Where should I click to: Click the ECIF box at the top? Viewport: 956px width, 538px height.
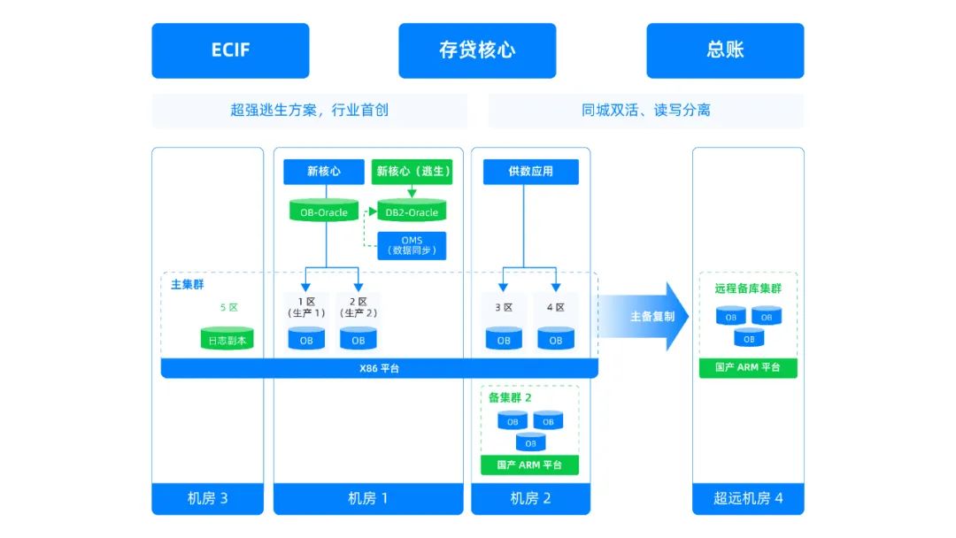point(230,50)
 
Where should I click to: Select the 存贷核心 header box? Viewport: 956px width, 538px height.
point(477,50)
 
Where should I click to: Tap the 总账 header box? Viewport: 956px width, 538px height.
point(725,50)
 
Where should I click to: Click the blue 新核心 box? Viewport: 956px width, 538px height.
point(323,172)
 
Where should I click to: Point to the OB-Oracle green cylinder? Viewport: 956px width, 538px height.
point(324,211)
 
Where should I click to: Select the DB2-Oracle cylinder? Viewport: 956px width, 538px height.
point(412,211)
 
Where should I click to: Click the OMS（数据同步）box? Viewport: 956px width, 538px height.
point(412,246)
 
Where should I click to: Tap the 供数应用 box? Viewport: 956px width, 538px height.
point(530,172)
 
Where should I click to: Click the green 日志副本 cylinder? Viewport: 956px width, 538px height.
point(227,339)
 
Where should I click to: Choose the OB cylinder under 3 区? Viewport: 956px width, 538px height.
point(504,339)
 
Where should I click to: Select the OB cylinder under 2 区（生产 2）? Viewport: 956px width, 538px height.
point(358,339)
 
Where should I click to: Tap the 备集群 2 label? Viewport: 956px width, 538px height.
point(510,397)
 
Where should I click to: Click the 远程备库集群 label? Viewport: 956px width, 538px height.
point(748,288)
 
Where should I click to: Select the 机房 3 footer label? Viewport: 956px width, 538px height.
point(207,498)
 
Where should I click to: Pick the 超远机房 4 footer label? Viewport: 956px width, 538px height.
point(748,498)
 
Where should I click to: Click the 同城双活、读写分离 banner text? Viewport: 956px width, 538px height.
point(645,111)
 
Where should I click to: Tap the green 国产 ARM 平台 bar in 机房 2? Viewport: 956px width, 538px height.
point(529,465)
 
